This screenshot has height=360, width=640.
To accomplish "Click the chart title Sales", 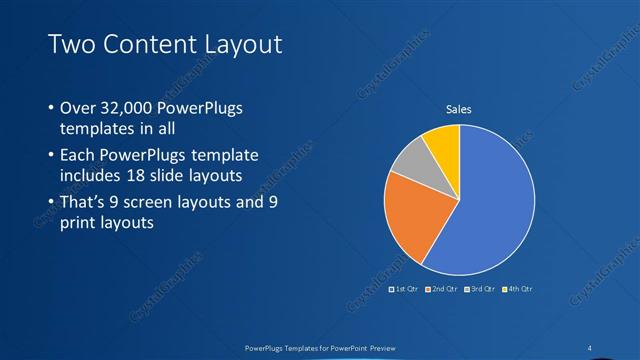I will pos(458,109).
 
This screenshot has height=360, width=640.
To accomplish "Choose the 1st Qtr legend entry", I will pos(403,289).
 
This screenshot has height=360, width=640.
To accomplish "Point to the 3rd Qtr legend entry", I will pos(480,289).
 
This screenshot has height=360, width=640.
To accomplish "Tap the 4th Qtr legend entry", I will pos(517,289).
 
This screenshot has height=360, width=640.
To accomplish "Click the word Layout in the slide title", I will pos(237,44).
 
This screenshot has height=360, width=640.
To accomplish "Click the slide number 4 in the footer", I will pos(590,347).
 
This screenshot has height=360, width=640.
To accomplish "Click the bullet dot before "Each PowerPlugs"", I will pos(51,156).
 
